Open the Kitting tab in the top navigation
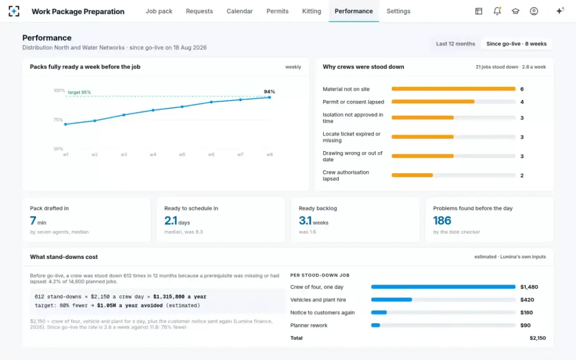[312, 12]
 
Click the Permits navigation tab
[277, 12]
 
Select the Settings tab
[398, 12]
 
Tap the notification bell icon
[497, 11]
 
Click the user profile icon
[534, 11]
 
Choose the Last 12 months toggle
[456, 44]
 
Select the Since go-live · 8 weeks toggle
[516, 44]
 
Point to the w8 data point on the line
[269, 97]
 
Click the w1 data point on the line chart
[66, 124]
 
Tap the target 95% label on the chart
[79, 92]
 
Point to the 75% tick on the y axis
[58, 120]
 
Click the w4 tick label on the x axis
[153, 155]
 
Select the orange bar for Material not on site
[454, 89]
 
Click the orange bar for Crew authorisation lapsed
[412, 175]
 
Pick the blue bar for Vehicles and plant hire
[391, 300]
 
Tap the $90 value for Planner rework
[525, 325]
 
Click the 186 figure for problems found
[442, 220]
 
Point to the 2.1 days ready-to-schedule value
[177, 221]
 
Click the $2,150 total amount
[538, 338]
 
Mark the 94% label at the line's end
[269, 92]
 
